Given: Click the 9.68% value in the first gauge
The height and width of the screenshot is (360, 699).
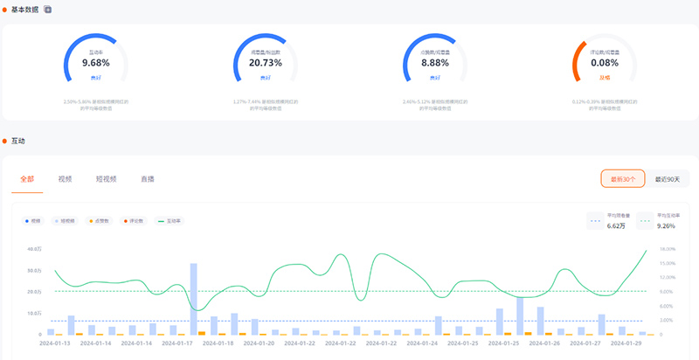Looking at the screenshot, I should coord(96,64).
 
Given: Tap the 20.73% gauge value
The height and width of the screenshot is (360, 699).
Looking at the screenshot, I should coord(265,64).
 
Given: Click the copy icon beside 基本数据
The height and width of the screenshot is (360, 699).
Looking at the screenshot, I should coord(48,9).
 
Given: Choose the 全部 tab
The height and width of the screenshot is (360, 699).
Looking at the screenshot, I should coord(26,179).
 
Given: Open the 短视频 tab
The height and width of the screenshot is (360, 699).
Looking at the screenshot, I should coord(107,179).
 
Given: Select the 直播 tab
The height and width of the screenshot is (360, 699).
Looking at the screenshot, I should coord(148,179).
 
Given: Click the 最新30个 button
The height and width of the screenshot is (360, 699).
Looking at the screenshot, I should coord(622,178).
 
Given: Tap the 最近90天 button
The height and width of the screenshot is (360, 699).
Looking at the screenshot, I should coord(668,178).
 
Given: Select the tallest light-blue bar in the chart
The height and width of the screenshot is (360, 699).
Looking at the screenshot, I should coord(193,299).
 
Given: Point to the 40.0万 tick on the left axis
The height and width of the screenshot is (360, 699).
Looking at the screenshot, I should coord(33,249).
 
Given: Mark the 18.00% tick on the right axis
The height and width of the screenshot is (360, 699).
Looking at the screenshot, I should coord(667,249).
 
